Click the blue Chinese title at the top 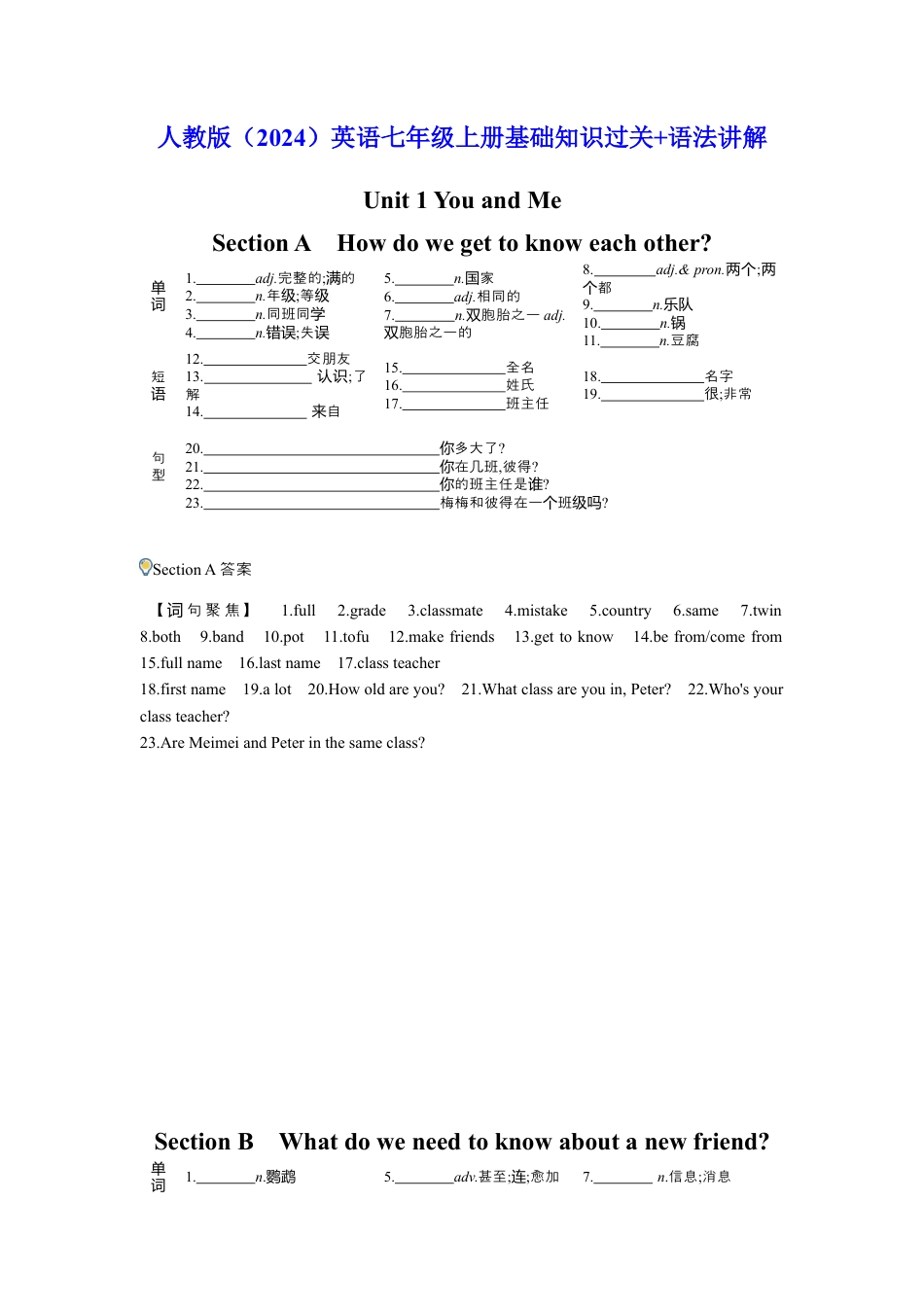(x=462, y=138)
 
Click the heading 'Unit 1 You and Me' (x=462, y=200)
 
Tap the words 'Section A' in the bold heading (x=261, y=243)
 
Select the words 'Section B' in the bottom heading (x=203, y=1142)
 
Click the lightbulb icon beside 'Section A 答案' (x=146, y=567)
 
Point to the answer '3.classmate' (x=444, y=611)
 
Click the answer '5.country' (x=620, y=611)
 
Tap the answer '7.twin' (x=761, y=611)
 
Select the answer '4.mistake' (x=536, y=611)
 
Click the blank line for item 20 (x=321, y=450)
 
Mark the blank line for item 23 (x=321, y=505)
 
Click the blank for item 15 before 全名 (x=453, y=370)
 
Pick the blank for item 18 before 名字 (x=652, y=378)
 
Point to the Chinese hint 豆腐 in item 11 (x=685, y=341)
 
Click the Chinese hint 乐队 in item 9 (x=678, y=305)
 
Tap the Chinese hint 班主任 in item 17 (x=527, y=405)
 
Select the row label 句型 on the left (x=159, y=467)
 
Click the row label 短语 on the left (x=159, y=385)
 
